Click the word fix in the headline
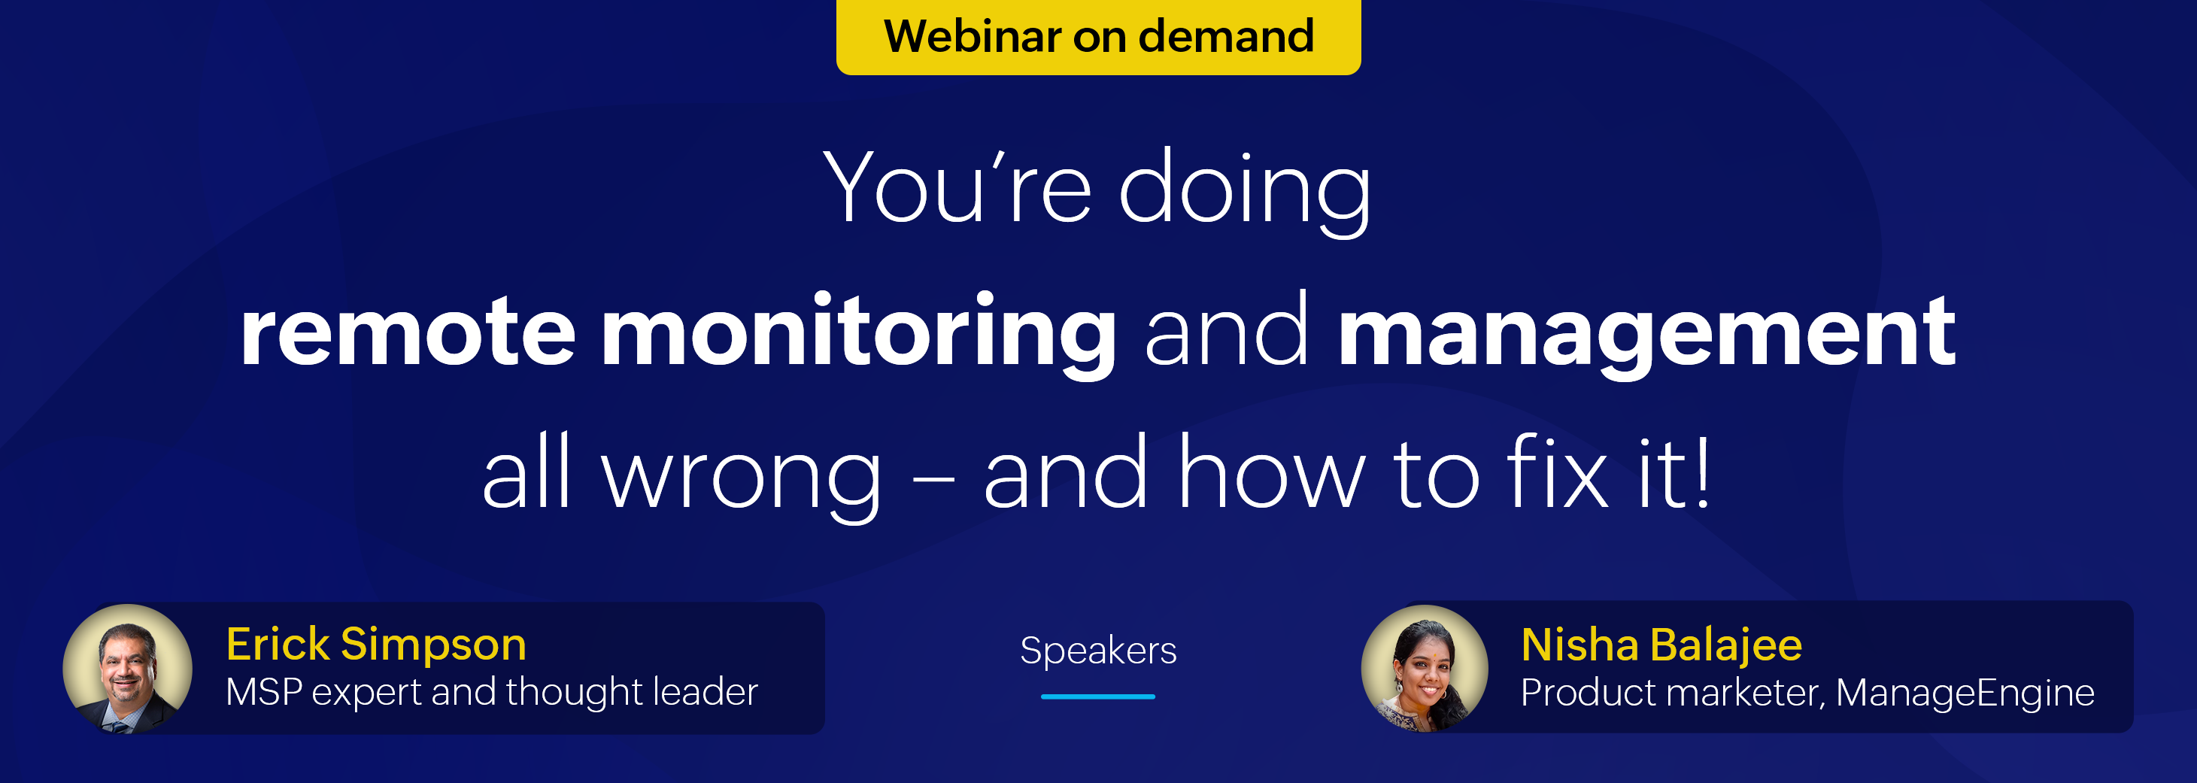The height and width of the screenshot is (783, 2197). pos(1558,471)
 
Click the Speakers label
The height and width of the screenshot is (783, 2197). pos(1098,650)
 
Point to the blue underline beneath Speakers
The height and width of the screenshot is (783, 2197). pos(1098,696)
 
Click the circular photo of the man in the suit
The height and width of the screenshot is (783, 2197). pos(128,669)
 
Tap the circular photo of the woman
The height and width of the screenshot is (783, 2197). pos(1425,669)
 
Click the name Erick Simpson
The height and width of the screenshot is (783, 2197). pos(376,644)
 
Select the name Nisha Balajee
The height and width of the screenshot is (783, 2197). pos(1661,645)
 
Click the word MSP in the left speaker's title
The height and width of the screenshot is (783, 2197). pos(265,691)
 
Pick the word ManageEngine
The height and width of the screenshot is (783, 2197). pos(1965,693)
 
